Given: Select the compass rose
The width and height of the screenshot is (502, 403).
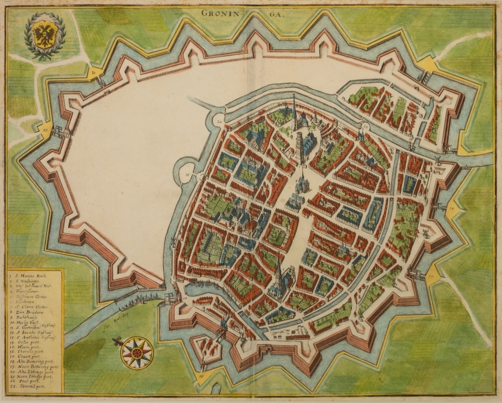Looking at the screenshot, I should pos(137,351).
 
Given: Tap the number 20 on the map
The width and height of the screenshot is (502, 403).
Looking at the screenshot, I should pos(219,122).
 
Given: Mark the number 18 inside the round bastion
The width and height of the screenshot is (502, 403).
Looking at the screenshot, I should pos(187,174).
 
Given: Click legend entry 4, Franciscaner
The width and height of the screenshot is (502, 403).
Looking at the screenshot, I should pos(28,290).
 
